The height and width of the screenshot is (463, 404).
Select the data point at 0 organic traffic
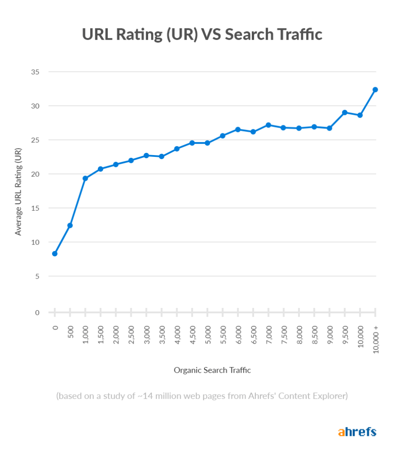point(55,254)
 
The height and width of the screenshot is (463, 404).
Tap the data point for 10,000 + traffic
point(375,90)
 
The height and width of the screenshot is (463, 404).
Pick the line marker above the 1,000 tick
point(85,178)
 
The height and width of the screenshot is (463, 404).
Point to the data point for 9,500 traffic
point(345,113)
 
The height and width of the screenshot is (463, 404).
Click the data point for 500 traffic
point(70,225)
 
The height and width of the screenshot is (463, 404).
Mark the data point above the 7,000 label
point(269,125)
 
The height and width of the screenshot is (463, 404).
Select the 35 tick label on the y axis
point(35,72)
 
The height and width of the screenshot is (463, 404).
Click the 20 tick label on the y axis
point(35,174)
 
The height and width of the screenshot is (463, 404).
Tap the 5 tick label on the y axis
point(37,276)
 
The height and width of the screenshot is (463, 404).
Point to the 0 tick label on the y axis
point(37,312)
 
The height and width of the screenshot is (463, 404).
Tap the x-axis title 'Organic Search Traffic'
point(212,370)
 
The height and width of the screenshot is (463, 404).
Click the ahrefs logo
point(357,432)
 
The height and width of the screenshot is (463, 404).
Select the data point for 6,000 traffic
point(238,129)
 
